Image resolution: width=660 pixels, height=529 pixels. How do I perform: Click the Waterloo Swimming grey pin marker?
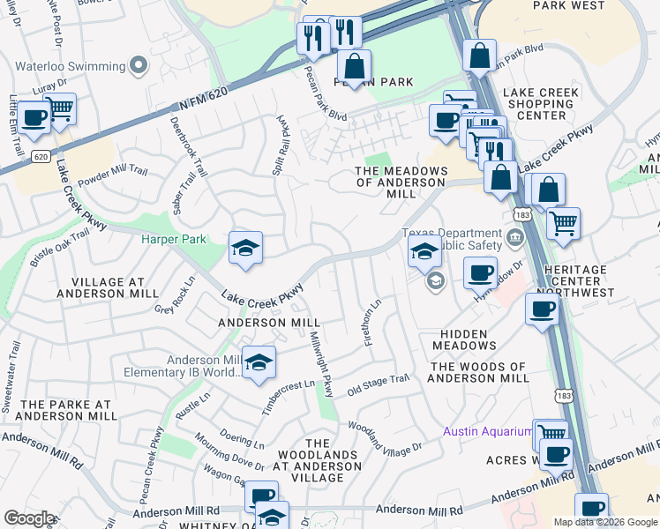pos(138,66)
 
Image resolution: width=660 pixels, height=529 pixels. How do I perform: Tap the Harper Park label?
pos(174,239)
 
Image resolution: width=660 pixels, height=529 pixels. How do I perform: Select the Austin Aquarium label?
pos(487,431)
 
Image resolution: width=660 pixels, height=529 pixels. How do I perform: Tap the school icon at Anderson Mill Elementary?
pos(259,363)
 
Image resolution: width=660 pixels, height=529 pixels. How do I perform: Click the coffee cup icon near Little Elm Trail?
pos(34,118)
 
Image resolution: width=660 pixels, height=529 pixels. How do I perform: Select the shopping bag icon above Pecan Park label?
pos(354,67)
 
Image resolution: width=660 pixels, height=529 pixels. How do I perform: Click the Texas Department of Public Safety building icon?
pos(514,237)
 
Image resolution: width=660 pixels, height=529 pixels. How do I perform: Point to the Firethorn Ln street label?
pos(373,323)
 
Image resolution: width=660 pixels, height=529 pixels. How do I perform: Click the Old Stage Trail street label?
pos(379,384)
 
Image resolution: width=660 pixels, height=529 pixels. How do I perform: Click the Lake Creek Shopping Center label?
pos(540,103)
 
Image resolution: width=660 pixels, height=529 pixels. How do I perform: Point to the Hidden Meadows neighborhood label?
pos(464,339)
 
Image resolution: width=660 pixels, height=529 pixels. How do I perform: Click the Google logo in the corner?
pos(29,518)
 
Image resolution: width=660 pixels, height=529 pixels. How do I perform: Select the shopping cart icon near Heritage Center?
pos(563,222)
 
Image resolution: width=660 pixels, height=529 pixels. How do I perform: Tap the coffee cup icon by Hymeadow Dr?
pos(479,272)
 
